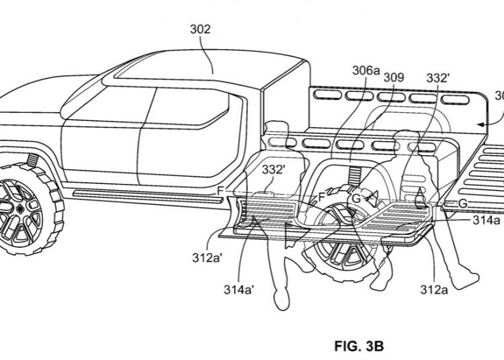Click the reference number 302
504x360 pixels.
tap(200, 30)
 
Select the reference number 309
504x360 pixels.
tap(394, 78)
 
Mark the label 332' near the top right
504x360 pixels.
tap(438, 78)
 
